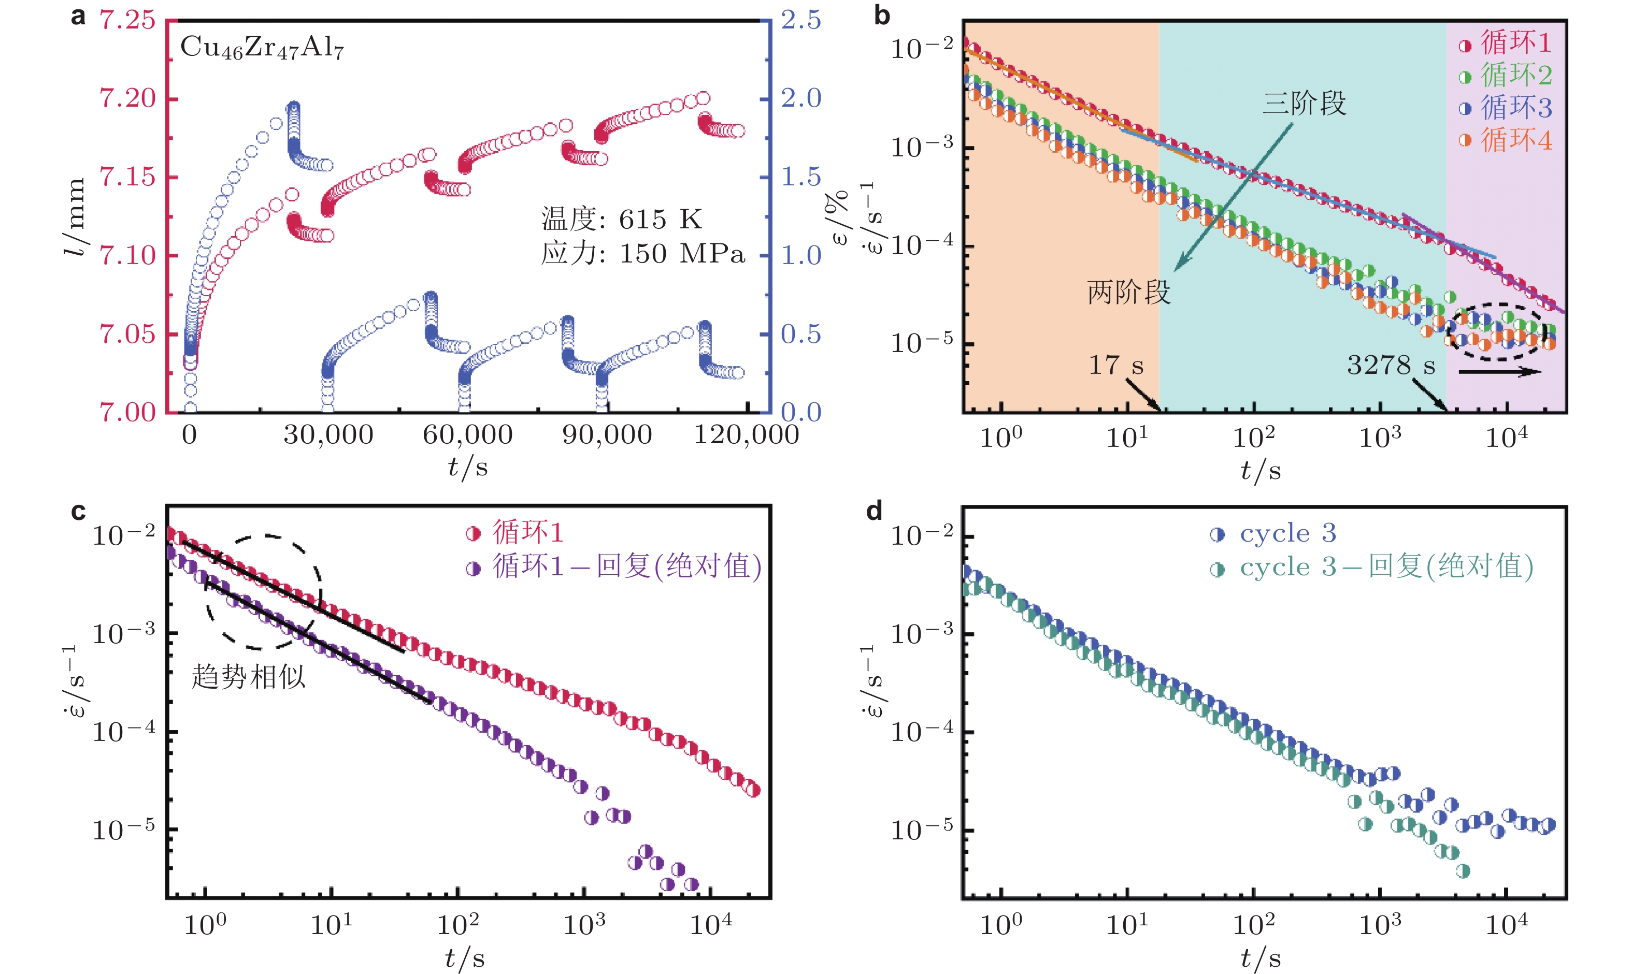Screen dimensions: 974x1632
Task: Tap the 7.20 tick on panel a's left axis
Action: (127, 98)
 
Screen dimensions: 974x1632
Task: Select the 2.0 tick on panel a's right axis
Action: (801, 98)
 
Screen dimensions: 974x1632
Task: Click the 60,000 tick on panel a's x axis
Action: (467, 435)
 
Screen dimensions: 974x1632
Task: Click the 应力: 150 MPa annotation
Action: (642, 254)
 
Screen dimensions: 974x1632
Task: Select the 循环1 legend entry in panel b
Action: (1505, 43)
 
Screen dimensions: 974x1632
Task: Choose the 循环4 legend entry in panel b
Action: (1505, 140)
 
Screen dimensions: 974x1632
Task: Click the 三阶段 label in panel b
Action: (1304, 104)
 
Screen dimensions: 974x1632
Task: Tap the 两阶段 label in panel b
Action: (1128, 293)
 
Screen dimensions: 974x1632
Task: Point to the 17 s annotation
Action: (1115, 366)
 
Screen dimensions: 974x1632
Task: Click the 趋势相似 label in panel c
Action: (248, 677)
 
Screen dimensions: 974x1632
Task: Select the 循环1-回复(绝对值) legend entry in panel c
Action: (614, 566)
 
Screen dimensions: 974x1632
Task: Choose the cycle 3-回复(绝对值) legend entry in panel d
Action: (1372, 567)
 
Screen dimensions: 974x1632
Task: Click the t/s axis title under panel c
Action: (465, 959)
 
